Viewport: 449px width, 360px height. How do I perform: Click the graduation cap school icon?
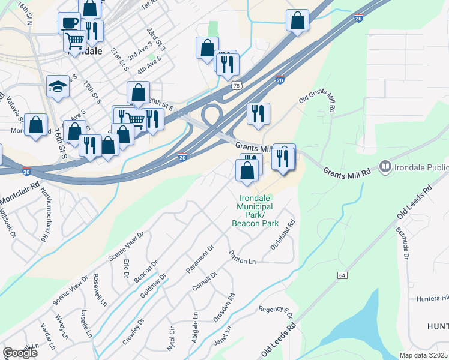point(58,86)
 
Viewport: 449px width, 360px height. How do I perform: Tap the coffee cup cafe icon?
point(69,23)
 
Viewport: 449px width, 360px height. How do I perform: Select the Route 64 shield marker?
point(342,275)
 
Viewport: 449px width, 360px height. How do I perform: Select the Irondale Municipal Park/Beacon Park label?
point(255,210)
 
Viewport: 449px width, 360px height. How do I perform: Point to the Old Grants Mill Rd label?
point(317,100)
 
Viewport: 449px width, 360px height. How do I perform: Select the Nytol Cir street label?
point(172,339)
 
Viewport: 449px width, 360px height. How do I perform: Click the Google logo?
point(20,353)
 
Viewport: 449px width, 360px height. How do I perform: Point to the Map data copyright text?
point(423,355)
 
